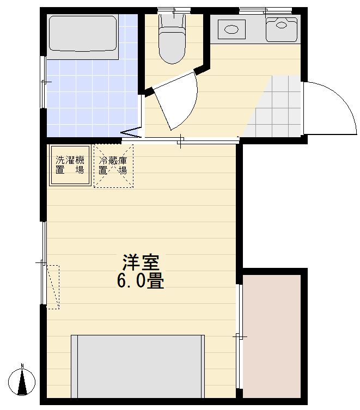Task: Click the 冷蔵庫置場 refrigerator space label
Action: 113,166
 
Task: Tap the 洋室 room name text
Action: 140,264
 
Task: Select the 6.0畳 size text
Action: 140,282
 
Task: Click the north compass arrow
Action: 22,381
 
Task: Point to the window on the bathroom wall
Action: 43,82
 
